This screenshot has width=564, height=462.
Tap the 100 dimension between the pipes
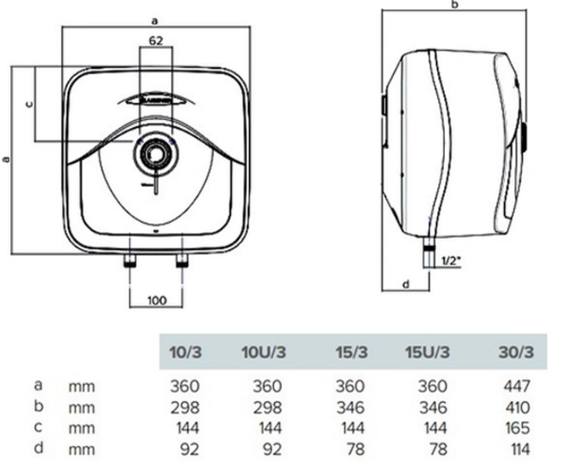point(156,299)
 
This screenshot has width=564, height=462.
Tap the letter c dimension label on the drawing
point(29,103)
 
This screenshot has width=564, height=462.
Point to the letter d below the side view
point(406,284)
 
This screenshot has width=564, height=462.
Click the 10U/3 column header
point(263,351)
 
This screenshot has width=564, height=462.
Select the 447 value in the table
point(516,386)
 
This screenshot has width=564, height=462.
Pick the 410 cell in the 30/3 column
point(516,407)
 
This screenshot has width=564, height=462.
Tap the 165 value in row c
point(516,428)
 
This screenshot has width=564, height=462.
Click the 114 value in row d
point(517,449)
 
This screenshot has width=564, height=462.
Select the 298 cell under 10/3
point(185,407)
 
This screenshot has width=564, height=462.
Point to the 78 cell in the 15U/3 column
point(437,449)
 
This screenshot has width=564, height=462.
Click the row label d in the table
point(37,448)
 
